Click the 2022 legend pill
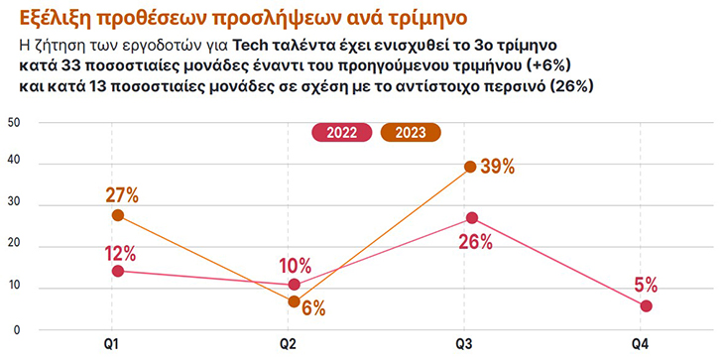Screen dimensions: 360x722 342,133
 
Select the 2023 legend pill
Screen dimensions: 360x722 411,133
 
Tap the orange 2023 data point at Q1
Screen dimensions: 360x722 118,215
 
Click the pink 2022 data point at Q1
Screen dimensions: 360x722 118,271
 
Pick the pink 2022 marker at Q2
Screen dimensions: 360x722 294,285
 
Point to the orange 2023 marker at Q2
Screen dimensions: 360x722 294,301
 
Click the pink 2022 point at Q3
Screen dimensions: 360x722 471,218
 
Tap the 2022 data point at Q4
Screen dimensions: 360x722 647,305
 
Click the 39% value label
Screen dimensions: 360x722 497,167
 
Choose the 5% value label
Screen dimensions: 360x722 646,285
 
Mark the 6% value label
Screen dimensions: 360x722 313,307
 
